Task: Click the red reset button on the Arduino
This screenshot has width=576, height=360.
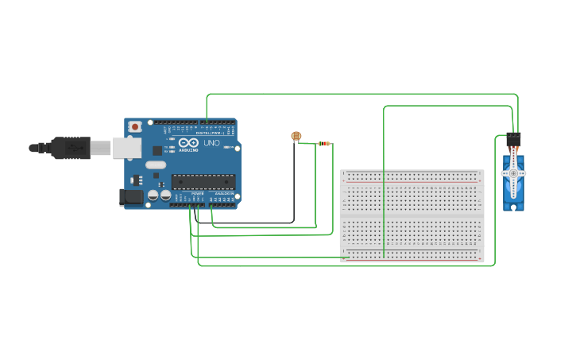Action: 136,126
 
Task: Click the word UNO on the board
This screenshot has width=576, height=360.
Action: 211,143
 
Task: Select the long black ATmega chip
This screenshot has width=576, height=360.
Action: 203,182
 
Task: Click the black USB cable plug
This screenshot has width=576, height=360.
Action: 71,147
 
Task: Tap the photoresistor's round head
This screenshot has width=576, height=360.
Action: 296,137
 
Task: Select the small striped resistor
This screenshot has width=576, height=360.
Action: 323,144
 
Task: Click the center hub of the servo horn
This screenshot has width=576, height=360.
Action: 513,173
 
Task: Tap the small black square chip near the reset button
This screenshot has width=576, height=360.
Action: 157,149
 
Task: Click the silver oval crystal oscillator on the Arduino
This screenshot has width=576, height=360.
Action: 156,165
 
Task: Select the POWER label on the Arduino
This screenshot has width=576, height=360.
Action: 197,193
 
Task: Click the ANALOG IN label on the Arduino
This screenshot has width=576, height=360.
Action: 223,193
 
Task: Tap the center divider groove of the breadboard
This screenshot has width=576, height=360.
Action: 412,216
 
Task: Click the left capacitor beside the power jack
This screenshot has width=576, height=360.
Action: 151,195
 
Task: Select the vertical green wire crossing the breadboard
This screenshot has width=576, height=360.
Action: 384,183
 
